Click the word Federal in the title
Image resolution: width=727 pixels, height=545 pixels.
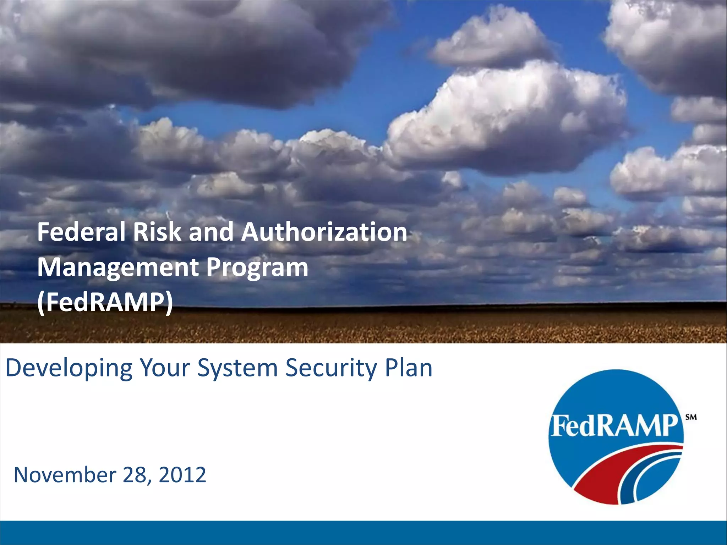coord(82,232)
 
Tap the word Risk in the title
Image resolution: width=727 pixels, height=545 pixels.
coord(157,232)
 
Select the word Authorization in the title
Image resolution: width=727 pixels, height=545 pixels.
coord(324,232)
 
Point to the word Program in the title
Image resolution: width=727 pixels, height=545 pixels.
coord(257,268)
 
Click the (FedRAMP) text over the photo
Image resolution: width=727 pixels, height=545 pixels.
coord(105,302)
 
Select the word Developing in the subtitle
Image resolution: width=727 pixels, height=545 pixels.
coord(69,368)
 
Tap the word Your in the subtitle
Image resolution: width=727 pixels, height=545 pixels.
coord(165,368)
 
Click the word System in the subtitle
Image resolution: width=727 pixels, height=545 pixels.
coord(237,368)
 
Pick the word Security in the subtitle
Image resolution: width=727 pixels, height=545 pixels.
coord(331,368)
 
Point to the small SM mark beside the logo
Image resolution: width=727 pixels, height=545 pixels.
coord(691,417)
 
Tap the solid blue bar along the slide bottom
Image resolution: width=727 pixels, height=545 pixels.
coord(363,533)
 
